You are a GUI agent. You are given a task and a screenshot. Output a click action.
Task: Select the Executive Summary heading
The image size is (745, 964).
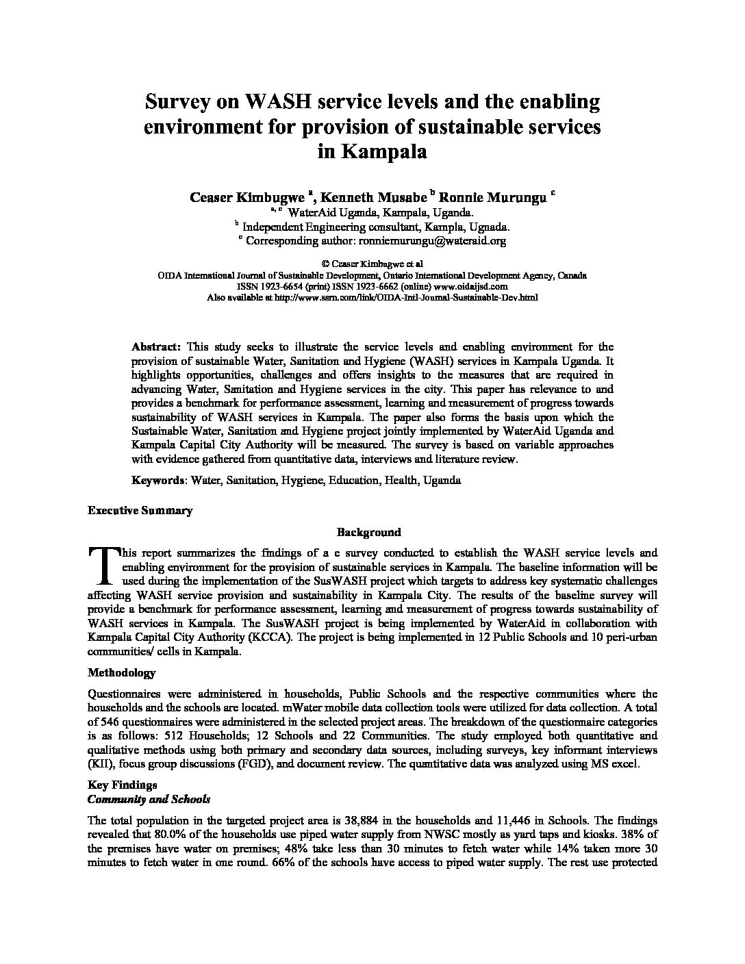tap(140, 510)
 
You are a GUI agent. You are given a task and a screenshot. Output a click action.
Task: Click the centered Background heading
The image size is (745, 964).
tap(369, 532)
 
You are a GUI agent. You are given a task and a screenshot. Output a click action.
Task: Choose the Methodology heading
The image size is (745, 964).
tap(122, 672)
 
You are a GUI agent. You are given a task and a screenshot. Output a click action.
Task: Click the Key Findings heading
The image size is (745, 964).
tap(123, 785)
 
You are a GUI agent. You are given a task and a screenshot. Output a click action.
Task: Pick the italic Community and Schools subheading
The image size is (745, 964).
tap(149, 799)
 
